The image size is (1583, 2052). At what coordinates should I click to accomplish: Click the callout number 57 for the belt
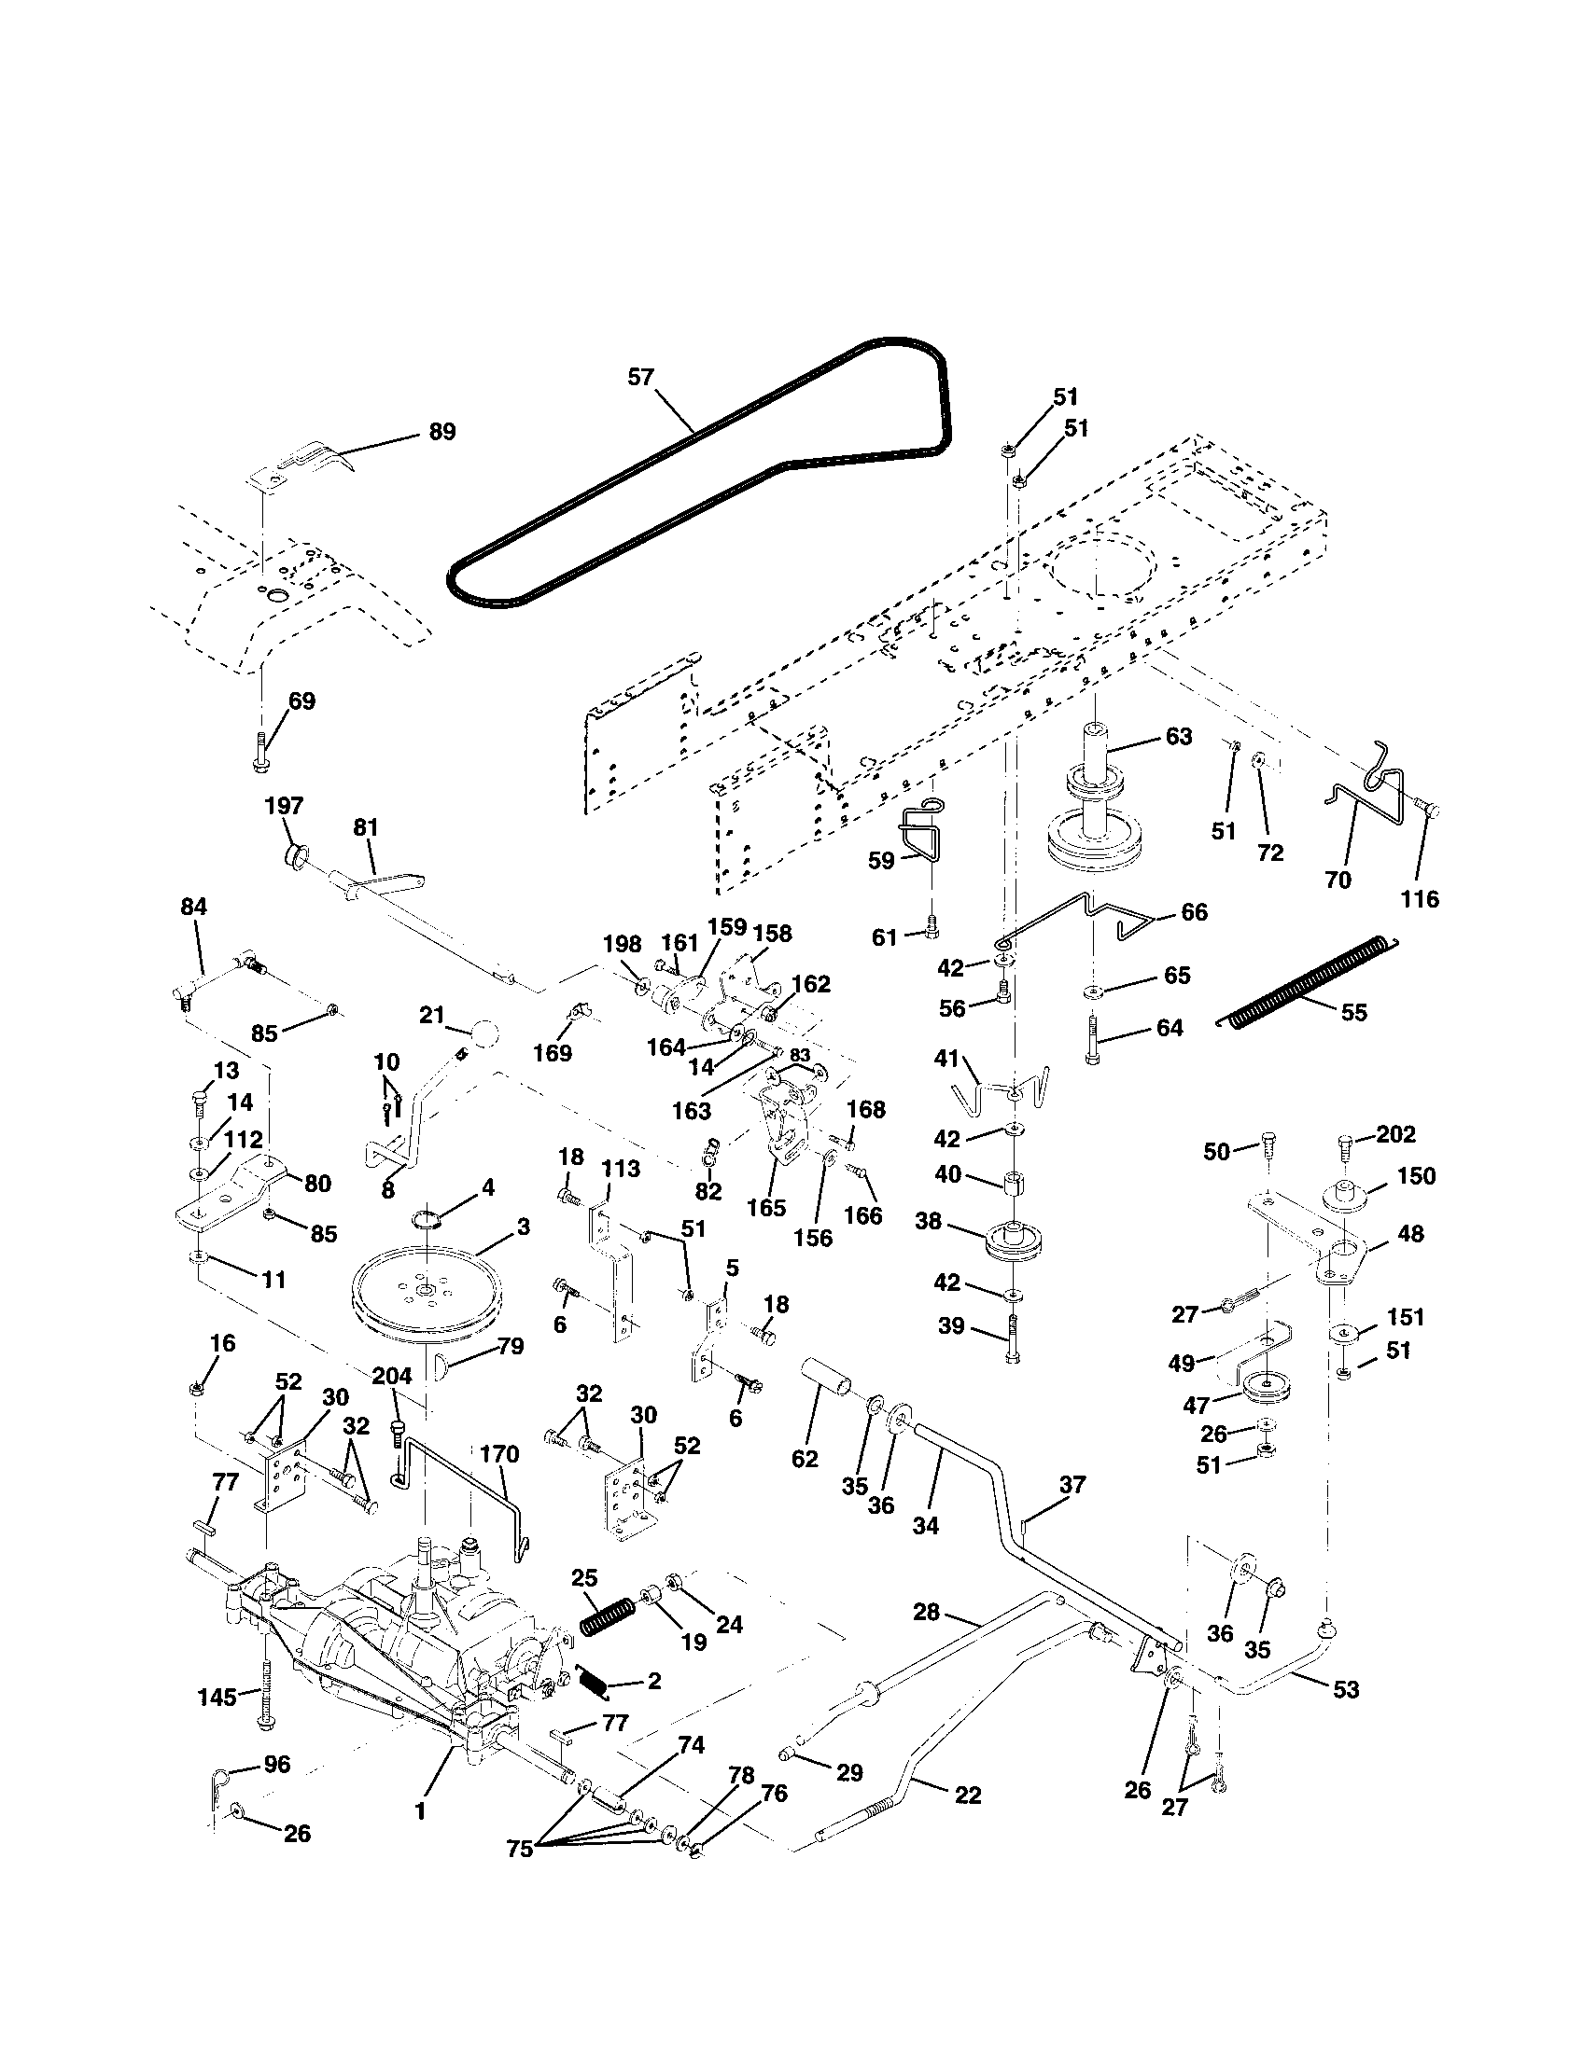point(640,378)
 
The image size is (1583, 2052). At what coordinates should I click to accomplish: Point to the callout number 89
point(441,431)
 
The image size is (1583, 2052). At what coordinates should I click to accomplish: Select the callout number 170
point(498,1454)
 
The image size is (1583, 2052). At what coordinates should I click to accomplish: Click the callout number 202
point(1395,1134)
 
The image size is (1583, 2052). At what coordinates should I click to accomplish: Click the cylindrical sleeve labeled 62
point(827,1394)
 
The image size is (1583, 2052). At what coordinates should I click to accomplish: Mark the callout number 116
point(1420,899)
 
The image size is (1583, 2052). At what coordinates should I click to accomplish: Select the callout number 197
point(284,805)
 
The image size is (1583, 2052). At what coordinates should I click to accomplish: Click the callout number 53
point(1346,1688)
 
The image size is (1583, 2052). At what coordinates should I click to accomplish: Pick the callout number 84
point(193,907)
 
